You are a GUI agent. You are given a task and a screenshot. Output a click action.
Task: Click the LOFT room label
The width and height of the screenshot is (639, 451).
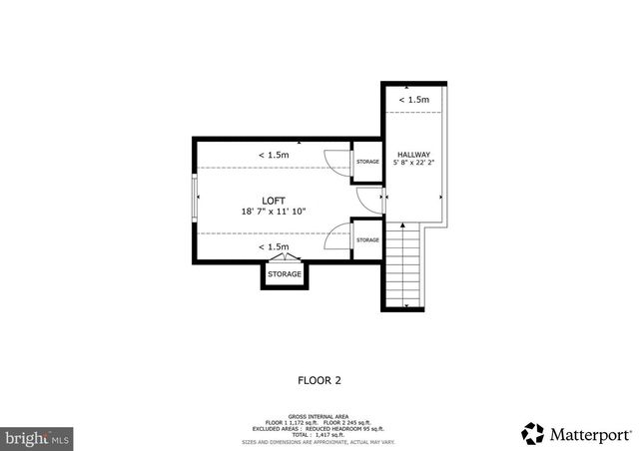point(274,200)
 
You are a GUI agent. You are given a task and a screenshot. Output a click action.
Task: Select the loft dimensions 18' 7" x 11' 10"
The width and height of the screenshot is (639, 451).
point(274,212)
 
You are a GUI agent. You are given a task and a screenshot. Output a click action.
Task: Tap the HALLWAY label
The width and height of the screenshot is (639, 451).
point(413,154)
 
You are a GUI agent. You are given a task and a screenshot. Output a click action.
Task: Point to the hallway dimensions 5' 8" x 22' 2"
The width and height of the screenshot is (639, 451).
point(414,164)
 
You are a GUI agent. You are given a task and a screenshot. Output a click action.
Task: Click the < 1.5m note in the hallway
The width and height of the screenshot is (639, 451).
point(414,100)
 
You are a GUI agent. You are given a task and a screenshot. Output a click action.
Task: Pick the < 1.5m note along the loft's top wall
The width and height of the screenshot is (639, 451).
point(274,155)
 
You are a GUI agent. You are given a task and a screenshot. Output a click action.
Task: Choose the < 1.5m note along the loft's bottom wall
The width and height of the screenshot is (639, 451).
point(274,246)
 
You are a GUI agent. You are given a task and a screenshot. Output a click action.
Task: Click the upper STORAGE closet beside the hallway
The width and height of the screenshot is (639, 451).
point(367,162)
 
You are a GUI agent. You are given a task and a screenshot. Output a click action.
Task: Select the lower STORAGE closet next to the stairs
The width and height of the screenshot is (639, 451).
point(367,239)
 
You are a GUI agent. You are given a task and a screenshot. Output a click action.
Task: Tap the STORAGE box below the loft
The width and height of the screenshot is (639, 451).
point(285,274)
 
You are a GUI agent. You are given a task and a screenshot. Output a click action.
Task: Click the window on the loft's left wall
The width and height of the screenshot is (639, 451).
point(194,200)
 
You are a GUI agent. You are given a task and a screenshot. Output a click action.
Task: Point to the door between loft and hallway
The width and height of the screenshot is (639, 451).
point(382,200)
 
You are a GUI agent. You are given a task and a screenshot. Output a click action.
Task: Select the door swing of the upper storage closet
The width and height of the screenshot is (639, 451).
point(337,164)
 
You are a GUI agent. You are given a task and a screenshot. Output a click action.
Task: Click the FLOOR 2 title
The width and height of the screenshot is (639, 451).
point(319,379)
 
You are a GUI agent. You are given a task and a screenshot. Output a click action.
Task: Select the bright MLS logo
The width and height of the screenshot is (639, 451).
point(38,436)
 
